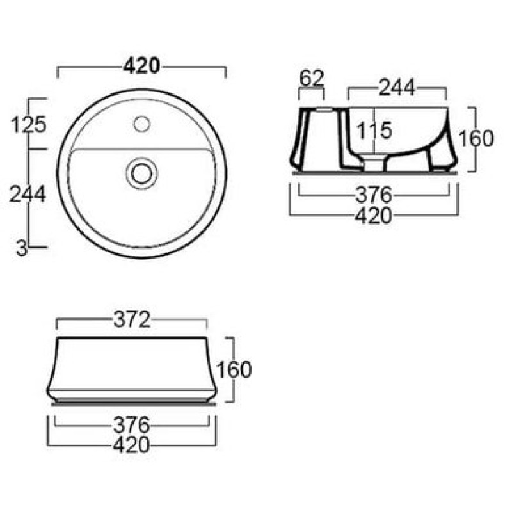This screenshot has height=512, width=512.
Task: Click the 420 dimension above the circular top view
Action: point(141,67)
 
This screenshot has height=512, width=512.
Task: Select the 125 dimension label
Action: point(29,125)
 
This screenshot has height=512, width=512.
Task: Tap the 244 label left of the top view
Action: point(28,194)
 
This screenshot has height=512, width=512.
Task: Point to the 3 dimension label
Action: point(22,249)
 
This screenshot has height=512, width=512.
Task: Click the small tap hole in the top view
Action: point(141,124)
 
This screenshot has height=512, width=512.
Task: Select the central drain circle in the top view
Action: point(141,173)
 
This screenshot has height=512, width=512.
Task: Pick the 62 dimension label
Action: point(312,78)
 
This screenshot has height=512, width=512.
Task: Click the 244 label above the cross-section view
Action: point(397,87)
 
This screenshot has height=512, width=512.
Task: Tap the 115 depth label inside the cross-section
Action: point(374,131)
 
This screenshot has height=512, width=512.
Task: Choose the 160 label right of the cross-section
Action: point(476,138)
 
